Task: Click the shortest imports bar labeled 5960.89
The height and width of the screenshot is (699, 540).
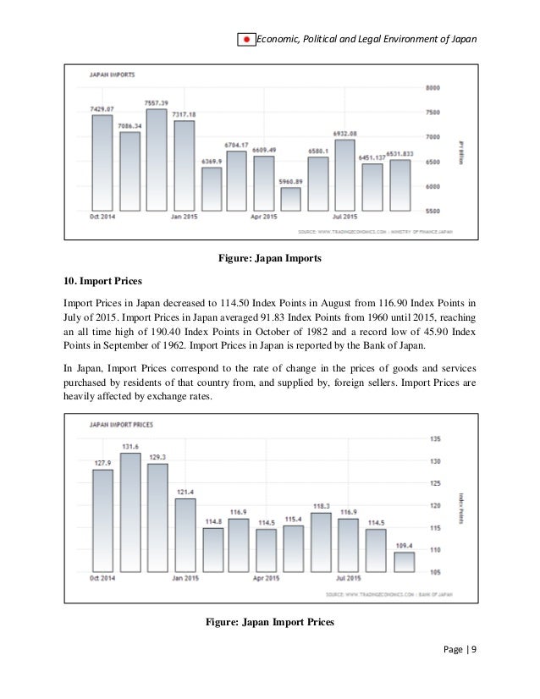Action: pos(290,199)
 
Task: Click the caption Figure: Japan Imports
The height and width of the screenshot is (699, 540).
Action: pos(269,258)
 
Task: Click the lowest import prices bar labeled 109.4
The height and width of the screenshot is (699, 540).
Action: pos(403,560)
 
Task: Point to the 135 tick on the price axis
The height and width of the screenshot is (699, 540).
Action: pos(437,438)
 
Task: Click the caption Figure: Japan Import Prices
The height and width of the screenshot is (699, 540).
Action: pos(271,624)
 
